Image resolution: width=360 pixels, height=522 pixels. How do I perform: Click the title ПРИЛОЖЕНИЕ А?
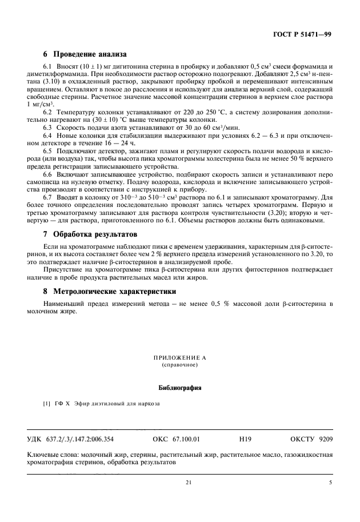pos(179,357)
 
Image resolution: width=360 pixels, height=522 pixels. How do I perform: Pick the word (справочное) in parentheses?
pos(179,364)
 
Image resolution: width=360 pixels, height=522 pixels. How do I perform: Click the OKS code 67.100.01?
pos(187,440)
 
